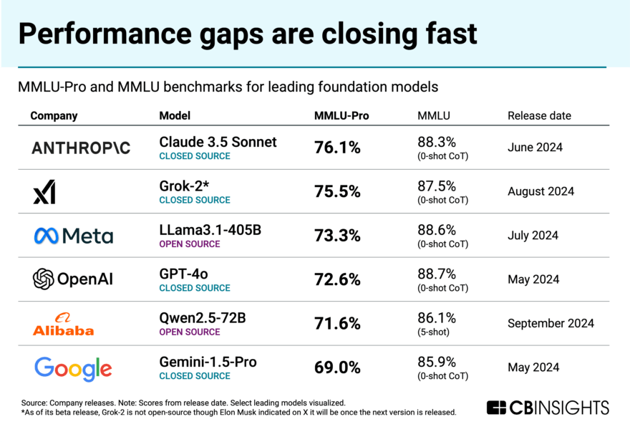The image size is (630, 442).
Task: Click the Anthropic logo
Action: coord(81,148)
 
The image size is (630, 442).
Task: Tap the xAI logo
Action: coord(44,192)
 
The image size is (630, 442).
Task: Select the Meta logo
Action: coord(73,236)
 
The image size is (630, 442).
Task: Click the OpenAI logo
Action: coord(73,279)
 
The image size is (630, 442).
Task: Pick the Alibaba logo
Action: coord(63,324)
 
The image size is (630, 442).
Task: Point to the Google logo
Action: coord(73,368)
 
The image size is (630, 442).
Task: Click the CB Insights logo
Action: coord(548,408)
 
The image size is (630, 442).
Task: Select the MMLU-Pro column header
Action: coord(341,115)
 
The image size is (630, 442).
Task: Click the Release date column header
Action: coord(539,115)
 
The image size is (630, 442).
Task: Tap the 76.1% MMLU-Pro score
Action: coord(337,148)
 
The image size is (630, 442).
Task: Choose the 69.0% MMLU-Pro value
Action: coord(337,368)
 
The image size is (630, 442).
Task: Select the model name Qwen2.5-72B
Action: coord(203,318)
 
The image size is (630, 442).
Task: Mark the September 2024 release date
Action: coord(551,323)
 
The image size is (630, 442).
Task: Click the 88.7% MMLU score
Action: coord(437,274)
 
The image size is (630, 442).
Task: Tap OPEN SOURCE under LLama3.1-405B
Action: coord(190,244)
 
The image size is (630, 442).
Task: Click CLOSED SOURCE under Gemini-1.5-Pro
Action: coord(194,376)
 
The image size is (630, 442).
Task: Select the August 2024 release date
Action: coord(541,191)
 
